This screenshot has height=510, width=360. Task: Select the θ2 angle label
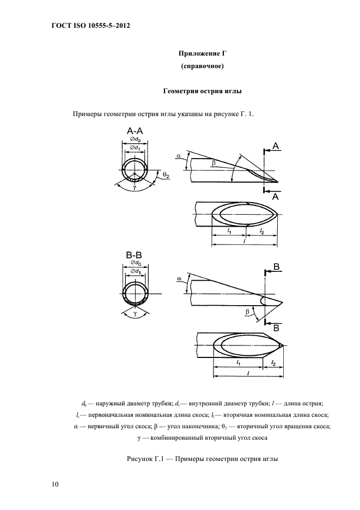pos(166,175)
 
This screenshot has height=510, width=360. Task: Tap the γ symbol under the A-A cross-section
pos(134,188)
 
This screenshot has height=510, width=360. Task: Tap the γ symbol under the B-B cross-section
pos(134,314)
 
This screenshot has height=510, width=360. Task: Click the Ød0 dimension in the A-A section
pos(135,139)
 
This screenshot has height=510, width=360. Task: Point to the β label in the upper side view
pos(213,162)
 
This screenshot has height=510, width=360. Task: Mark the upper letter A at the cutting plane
pos(276,146)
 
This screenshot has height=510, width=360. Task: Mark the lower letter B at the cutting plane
pos(276,329)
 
